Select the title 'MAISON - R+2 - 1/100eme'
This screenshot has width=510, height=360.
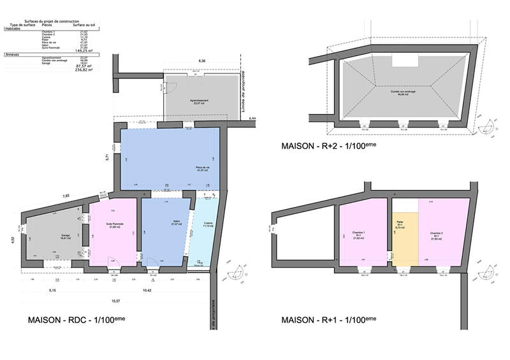(x=329, y=147)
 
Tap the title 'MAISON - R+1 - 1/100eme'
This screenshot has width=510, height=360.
(x=329, y=319)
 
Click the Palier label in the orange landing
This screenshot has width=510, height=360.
(x=400, y=225)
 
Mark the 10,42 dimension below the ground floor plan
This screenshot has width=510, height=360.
(x=147, y=291)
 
